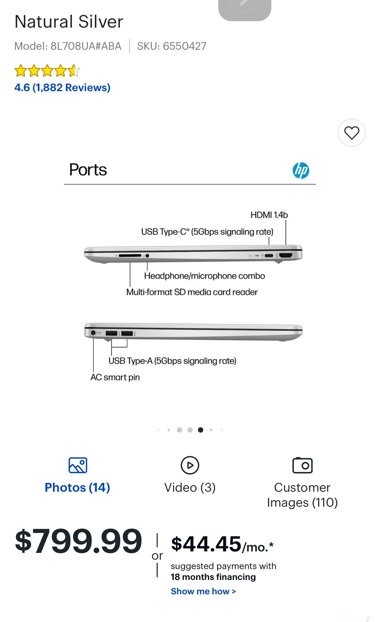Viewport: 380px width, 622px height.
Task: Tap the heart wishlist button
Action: (351, 133)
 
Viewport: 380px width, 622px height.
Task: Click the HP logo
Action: (301, 170)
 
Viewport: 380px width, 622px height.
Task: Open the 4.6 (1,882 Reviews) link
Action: (62, 88)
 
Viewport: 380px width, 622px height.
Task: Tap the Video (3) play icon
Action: (190, 465)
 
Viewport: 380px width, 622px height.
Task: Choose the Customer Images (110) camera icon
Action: (302, 465)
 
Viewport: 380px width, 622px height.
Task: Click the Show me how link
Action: (203, 591)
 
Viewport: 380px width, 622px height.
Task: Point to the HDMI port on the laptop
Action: (285, 255)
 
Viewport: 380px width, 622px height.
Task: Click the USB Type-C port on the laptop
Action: (269, 255)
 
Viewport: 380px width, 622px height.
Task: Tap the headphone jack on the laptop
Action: (147, 256)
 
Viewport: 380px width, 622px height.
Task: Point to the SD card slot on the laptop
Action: (130, 256)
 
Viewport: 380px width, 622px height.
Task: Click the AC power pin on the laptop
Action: (93, 333)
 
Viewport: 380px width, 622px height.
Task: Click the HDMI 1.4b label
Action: (269, 215)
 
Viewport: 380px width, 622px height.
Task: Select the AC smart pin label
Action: (115, 377)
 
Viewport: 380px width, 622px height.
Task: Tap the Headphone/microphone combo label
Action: (204, 276)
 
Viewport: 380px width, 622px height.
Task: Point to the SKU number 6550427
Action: (184, 46)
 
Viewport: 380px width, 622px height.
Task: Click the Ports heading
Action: (88, 170)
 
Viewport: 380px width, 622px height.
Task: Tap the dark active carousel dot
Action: (201, 430)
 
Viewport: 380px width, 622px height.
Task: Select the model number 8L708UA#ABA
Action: (86, 46)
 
